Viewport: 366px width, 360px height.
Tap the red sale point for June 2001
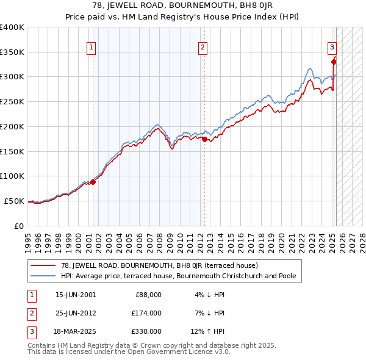[93, 181]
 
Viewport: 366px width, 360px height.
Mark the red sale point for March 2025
[334, 61]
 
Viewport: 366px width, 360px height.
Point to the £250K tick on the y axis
[13, 101]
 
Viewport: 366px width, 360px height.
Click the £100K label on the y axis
[13, 176]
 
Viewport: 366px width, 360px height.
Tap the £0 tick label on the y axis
[20, 226]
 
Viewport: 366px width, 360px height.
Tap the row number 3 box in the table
[30, 332]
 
